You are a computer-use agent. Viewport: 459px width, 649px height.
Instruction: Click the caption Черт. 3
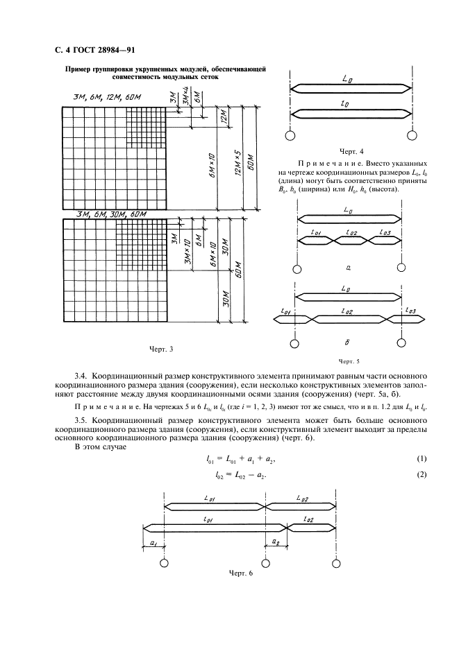161,348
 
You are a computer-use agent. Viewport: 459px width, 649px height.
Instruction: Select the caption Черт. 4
351,150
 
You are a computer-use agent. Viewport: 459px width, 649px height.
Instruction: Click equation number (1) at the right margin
420,459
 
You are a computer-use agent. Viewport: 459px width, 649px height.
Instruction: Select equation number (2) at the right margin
420,474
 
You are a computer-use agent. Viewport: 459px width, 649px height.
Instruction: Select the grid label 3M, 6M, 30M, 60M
104,214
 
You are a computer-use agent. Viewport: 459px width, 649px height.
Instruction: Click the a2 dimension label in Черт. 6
276,541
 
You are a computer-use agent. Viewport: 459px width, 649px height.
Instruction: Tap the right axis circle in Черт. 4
413,134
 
